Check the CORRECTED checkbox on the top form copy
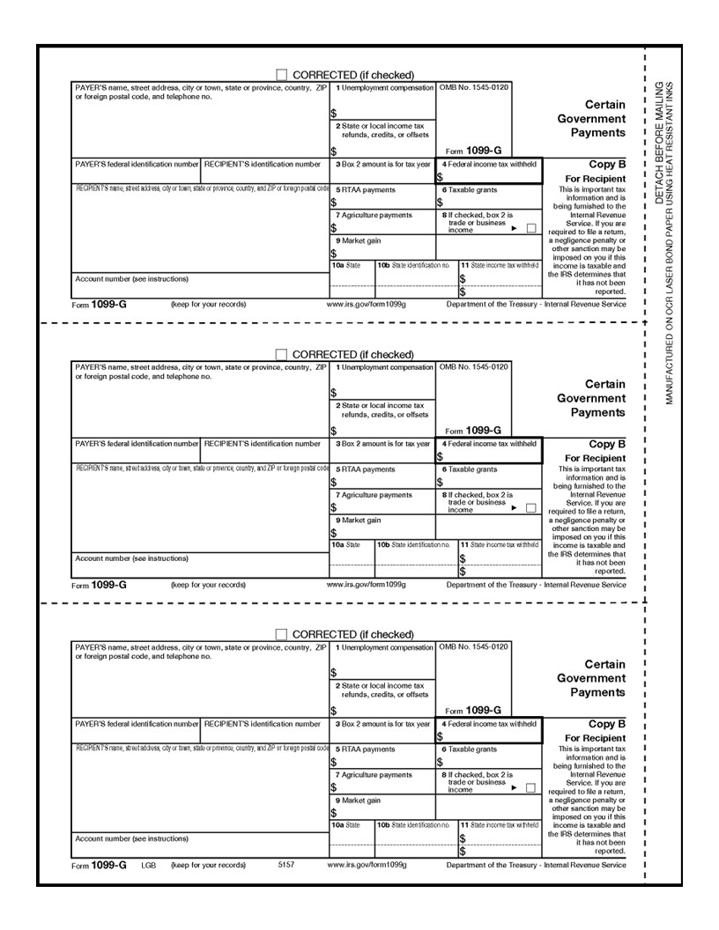tap(281, 75)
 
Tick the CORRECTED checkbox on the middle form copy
tap(281, 354)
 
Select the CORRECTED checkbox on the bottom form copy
tap(281, 634)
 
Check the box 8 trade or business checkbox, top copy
tap(530, 228)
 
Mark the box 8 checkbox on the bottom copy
tap(530, 788)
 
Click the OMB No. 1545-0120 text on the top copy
tap(473, 87)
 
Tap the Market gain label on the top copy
tap(358, 240)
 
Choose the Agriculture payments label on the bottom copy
tap(374, 775)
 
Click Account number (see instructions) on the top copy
tap(131, 278)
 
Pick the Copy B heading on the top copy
tap(607, 164)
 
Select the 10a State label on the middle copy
tap(346, 545)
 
